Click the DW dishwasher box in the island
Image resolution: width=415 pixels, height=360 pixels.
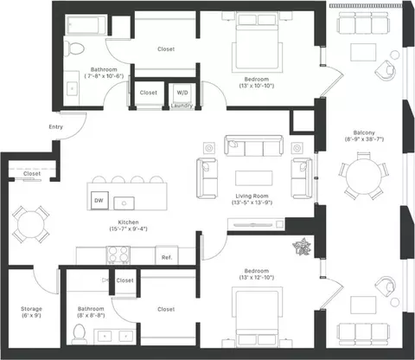click(x=99, y=200)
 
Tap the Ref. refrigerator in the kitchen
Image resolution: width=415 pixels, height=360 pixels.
click(x=167, y=255)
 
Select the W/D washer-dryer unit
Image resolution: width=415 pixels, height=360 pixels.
click(x=182, y=93)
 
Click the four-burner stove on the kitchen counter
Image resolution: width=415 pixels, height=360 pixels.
click(x=118, y=254)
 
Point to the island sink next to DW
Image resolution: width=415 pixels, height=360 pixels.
click(x=124, y=203)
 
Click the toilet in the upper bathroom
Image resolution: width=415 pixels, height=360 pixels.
click(x=74, y=48)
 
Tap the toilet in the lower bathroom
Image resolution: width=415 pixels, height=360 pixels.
click(x=79, y=334)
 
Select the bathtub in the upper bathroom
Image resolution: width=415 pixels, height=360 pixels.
click(x=86, y=25)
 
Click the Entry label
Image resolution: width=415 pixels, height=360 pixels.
click(x=55, y=127)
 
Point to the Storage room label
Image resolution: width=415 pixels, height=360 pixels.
click(x=31, y=309)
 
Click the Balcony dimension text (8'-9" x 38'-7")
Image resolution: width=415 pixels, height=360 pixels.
click(x=364, y=139)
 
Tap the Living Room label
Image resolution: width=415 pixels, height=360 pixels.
click(x=252, y=196)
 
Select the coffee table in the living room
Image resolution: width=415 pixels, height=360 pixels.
click(x=254, y=178)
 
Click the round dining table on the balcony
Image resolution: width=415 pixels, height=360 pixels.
click(x=364, y=175)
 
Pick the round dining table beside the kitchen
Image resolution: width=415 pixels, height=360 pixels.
click(x=31, y=224)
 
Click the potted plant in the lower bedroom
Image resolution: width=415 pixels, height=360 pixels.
click(x=302, y=247)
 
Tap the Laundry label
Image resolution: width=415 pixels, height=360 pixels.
click(x=182, y=106)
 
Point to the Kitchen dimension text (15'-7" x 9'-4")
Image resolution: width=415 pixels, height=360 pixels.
click(x=128, y=228)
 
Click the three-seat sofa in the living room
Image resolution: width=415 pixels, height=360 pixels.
click(x=253, y=145)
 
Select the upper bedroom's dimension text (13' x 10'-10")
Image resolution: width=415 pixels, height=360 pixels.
click(x=257, y=86)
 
